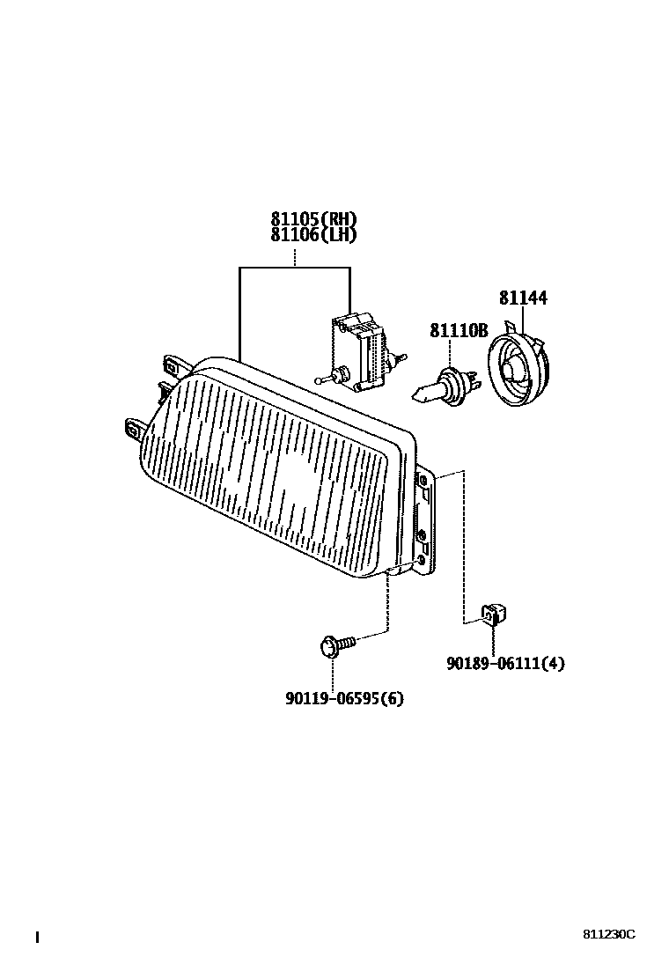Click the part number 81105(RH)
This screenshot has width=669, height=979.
pos(314,220)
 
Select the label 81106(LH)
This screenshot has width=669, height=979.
pos(314,235)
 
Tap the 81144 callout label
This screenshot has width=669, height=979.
pos(523,298)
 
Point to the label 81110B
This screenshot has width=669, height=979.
pos(458,331)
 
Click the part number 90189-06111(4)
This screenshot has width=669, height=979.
pos(504,664)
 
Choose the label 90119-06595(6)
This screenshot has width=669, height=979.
pos(344,699)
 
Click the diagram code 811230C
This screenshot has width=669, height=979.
pos(607,935)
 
